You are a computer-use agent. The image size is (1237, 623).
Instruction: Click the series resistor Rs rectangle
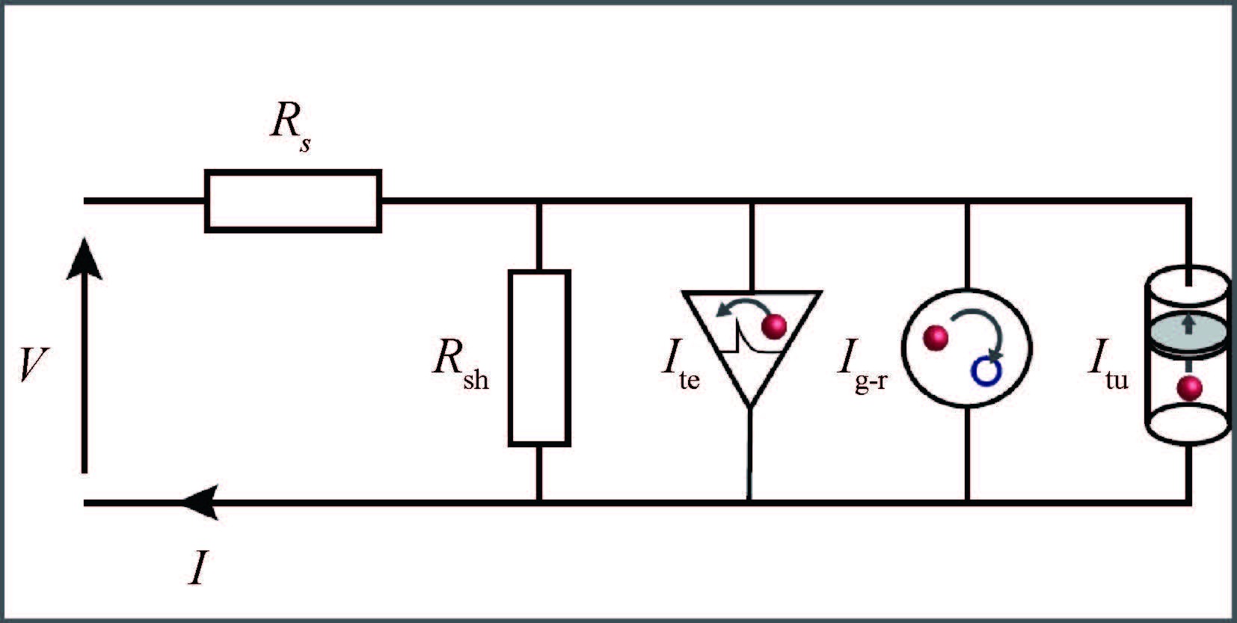coord(293,201)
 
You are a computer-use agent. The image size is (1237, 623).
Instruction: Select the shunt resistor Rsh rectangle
coord(539,358)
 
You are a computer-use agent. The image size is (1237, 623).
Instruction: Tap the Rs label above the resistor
coord(290,123)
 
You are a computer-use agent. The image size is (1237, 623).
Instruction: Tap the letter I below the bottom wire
coord(197,569)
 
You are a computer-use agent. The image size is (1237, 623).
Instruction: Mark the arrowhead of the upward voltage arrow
coord(84,258)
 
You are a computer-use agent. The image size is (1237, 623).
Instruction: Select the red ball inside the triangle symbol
coord(774,327)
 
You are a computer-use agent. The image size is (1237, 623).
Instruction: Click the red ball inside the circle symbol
coord(935,338)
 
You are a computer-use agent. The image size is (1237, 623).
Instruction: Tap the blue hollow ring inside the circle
coord(985,371)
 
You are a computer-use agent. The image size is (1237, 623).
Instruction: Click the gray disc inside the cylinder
coord(1188,334)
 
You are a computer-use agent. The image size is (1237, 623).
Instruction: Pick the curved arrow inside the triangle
coord(737,306)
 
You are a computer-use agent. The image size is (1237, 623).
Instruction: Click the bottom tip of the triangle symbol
coord(750,406)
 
